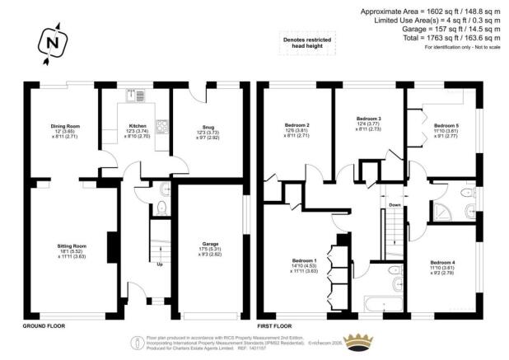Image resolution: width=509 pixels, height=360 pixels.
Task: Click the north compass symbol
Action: click(52, 42)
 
